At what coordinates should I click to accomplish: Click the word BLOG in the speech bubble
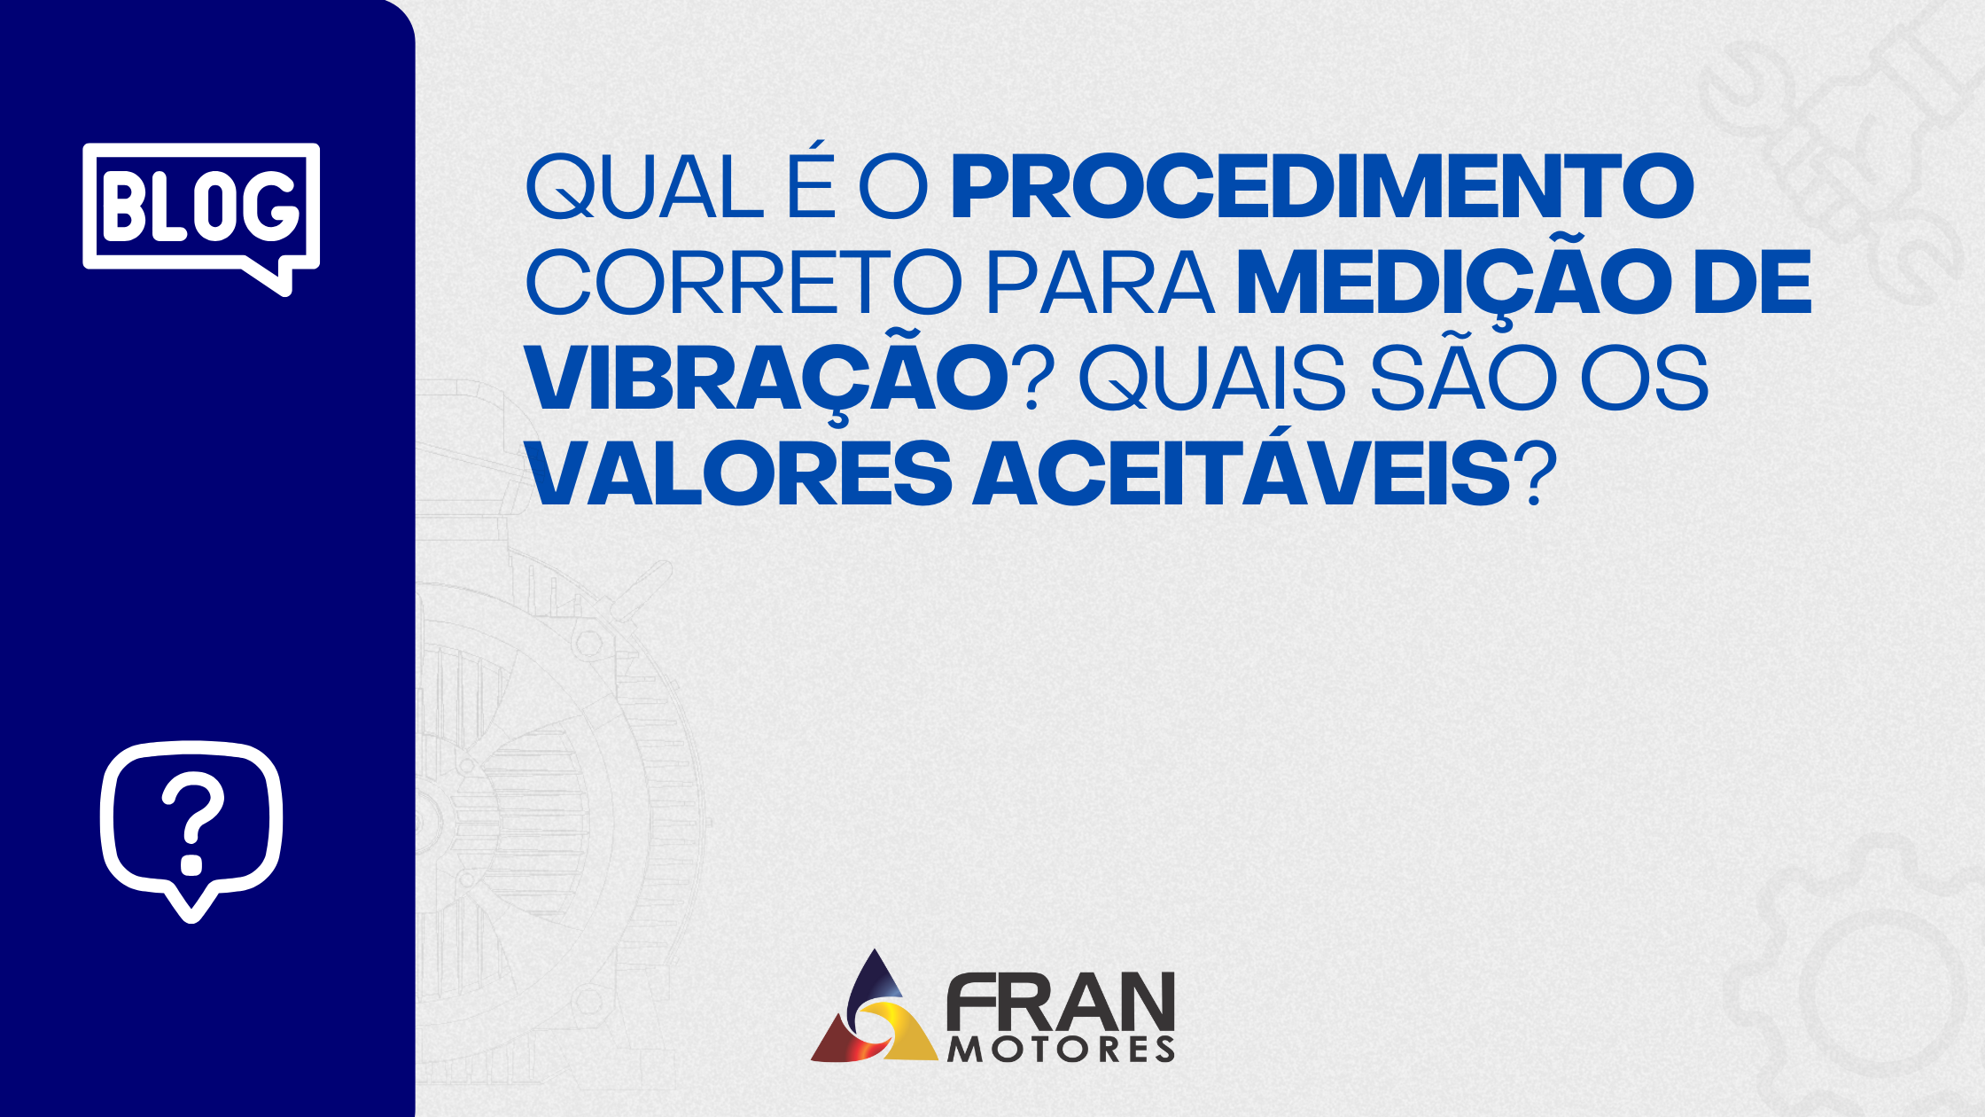(x=201, y=206)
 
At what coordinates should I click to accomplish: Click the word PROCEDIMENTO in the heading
(x=1322, y=187)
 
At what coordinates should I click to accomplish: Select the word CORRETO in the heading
(x=743, y=283)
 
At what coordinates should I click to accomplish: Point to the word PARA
(x=1100, y=283)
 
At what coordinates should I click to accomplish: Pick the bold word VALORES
(x=739, y=474)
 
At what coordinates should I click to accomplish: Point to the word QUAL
(x=644, y=187)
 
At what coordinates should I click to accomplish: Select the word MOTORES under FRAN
(x=1061, y=1050)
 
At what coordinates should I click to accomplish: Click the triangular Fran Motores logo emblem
(x=874, y=1011)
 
